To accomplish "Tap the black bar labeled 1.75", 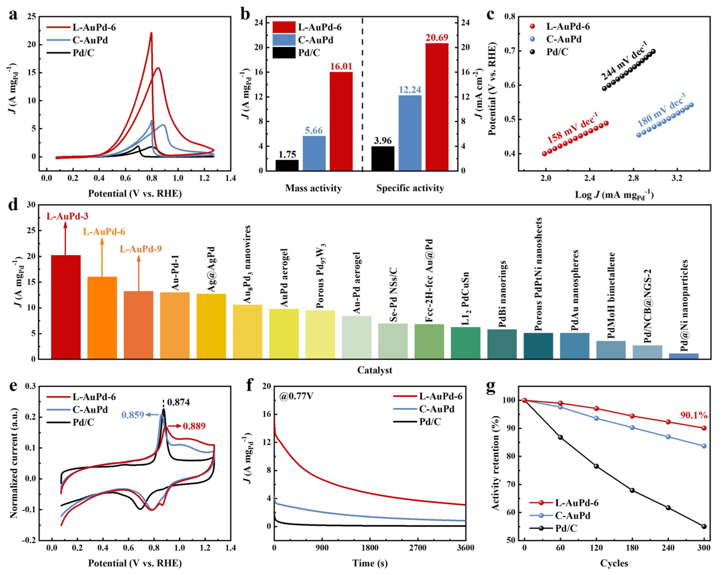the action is tap(287, 165).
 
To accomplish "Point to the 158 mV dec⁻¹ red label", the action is tap(573, 128).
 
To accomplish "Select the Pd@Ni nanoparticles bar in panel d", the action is tap(684, 356).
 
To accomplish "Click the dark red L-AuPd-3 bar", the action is tap(66, 307).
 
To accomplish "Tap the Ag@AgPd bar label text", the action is tap(211, 270).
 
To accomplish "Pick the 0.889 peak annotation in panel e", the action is tap(194, 426).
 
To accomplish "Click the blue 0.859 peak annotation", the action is tap(133, 415).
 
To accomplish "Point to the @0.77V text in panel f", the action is tap(296, 396).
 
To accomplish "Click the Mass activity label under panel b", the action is tap(313, 188).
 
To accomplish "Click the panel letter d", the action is tap(13, 204).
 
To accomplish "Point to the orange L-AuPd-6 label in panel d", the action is tap(104, 232).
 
